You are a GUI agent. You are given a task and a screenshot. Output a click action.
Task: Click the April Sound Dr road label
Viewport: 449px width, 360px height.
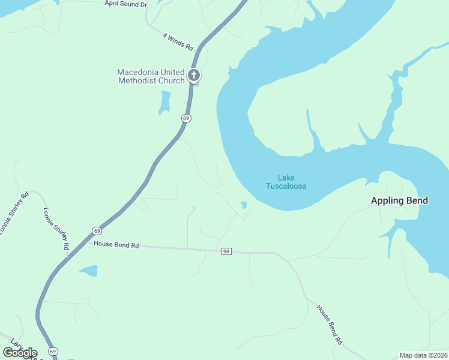125,4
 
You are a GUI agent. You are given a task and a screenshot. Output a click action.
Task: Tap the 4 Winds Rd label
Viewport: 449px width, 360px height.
179,41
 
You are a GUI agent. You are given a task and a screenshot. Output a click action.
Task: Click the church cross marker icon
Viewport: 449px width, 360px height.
193,75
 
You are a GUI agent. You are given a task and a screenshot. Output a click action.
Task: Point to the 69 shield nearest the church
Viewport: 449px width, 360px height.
186,118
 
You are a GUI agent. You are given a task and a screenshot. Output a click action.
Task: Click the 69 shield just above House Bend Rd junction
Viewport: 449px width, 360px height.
97,230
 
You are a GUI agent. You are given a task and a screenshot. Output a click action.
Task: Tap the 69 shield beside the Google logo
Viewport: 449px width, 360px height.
53,351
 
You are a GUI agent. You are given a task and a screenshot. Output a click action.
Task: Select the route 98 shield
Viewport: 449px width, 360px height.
226,251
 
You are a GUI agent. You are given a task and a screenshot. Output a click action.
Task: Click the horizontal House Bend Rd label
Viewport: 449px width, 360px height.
116,245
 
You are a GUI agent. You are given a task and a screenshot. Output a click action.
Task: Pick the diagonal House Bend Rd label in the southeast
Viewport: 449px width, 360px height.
330,324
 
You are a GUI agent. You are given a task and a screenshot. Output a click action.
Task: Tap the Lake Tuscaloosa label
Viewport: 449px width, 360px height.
286,182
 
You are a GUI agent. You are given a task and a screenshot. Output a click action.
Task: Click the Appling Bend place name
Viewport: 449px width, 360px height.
399,200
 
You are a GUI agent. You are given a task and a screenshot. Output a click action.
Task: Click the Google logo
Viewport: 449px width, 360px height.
20,352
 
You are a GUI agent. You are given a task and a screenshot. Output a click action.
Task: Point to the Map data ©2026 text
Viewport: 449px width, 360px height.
423,355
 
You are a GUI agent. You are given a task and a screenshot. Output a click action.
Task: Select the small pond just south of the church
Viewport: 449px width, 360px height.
164,103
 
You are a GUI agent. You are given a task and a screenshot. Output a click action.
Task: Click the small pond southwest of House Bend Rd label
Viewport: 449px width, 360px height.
89,271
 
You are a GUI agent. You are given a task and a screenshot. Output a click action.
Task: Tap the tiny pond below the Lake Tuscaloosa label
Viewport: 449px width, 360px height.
244,205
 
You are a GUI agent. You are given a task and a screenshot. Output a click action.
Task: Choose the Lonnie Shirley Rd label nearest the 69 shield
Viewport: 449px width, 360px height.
56,229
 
